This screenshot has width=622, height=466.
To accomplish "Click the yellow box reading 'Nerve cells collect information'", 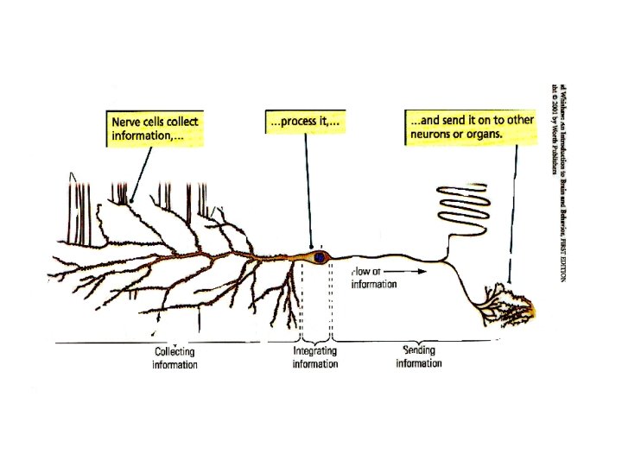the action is pyautogui.click(x=155, y=128).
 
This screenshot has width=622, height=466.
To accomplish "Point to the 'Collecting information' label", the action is pyautogui.click(x=175, y=358).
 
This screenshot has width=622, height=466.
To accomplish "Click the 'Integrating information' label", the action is pyautogui.click(x=314, y=358).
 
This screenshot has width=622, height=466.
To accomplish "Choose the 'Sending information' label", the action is pyautogui.click(x=419, y=357).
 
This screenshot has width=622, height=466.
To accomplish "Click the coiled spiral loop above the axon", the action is pyautogui.click(x=465, y=205).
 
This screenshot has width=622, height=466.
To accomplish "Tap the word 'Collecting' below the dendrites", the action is pyautogui.click(x=175, y=352).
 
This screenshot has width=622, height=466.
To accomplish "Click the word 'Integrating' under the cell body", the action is pyautogui.click(x=314, y=352).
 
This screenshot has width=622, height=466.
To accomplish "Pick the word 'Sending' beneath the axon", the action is pyautogui.click(x=419, y=351).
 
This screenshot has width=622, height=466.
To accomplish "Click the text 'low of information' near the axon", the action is pyautogui.click(x=374, y=278).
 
